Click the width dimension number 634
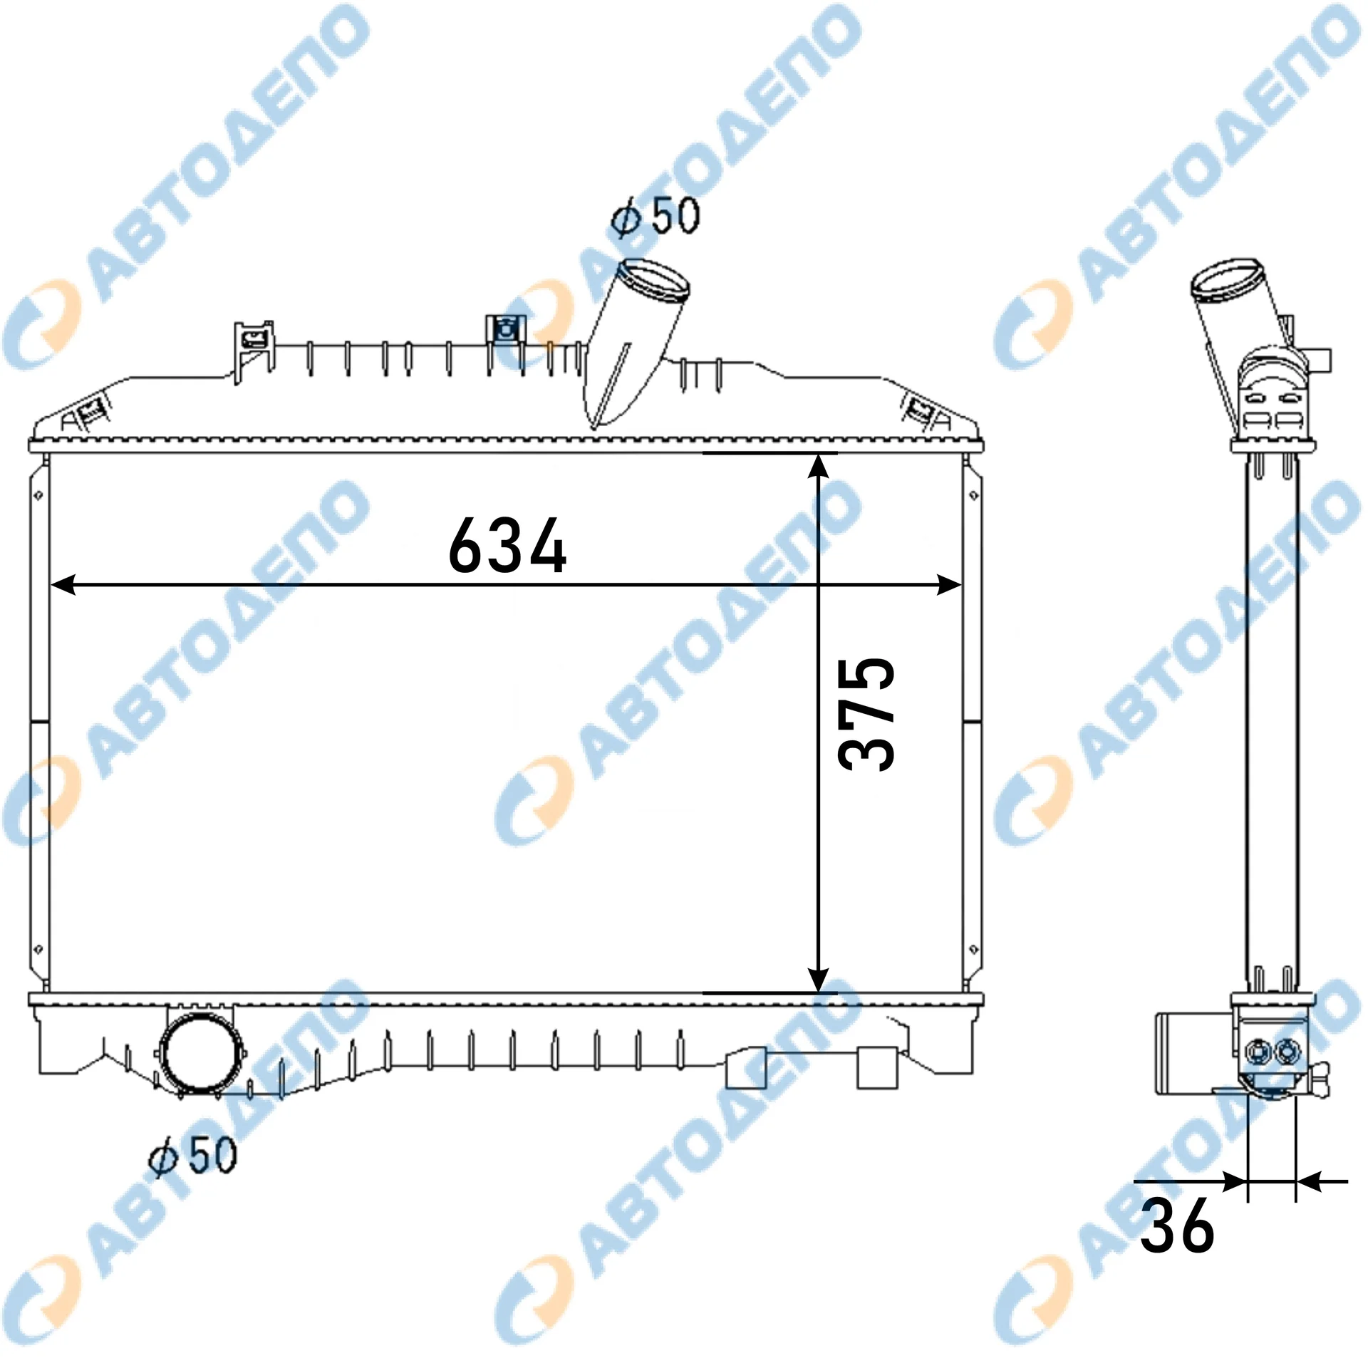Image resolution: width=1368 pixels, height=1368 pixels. (x=507, y=545)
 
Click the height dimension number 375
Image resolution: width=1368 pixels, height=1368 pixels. (x=866, y=713)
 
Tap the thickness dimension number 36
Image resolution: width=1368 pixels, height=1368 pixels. (x=1176, y=1225)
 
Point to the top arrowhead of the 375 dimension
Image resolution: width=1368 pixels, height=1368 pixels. (x=819, y=467)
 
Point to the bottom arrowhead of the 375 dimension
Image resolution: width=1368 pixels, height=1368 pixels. (x=819, y=978)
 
